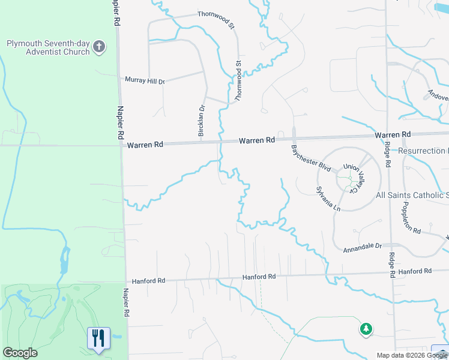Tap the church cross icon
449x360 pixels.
[100, 46]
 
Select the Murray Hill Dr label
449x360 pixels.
[144, 80]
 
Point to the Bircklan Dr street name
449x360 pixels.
[202, 122]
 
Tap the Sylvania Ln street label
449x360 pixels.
[328, 199]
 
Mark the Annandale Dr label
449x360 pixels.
[362, 246]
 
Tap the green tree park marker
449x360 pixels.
[366, 329]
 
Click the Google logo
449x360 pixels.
[20, 353]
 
